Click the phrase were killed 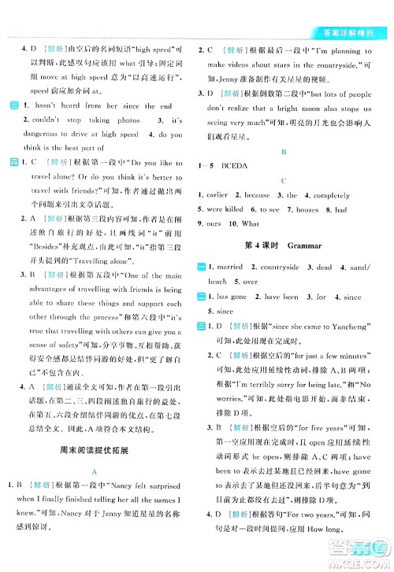click(236, 210)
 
